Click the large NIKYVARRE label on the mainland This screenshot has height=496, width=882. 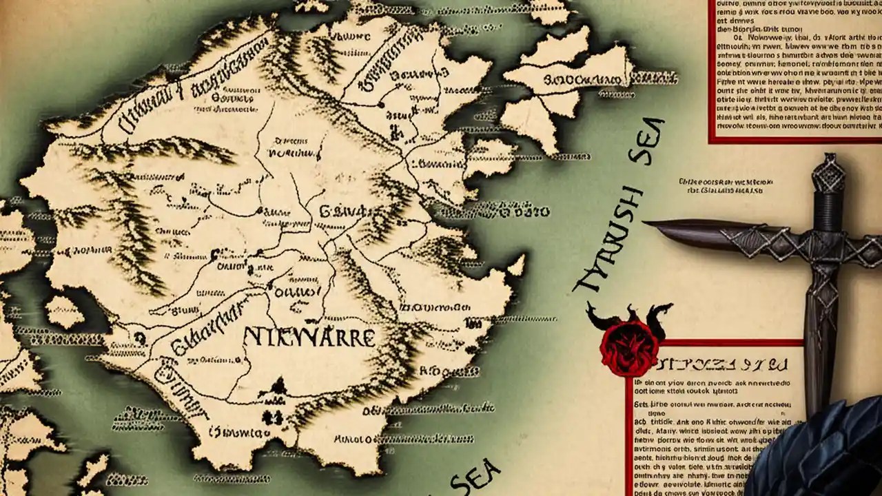[309, 337]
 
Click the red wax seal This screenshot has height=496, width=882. [628, 350]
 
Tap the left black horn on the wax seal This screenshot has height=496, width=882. [594, 316]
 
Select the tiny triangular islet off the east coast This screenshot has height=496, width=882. [515, 264]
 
